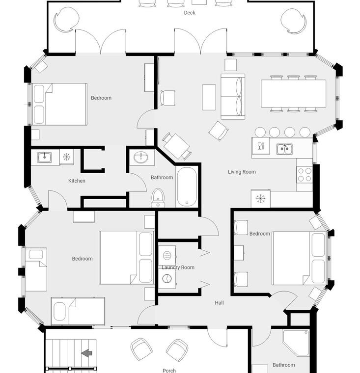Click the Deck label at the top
click(190, 13)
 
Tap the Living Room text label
click(242, 172)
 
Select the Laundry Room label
click(178, 267)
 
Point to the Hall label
click(219, 303)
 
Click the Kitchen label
click(77, 181)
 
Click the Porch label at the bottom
click(169, 370)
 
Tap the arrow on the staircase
click(86, 353)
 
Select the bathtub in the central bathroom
click(187, 186)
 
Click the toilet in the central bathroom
click(158, 197)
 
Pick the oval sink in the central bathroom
click(141, 158)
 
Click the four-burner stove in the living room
click(305, 175)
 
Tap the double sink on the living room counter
click(284, 149)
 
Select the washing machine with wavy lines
click(167, 256)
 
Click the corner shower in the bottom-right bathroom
click(296, 343)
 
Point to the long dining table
click(293, 93)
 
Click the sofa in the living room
click(233, 96)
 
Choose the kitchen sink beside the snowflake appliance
click(45, 157)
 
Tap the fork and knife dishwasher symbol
click(261, 146)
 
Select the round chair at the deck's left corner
click(66, 20)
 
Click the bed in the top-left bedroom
click(59, 104)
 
